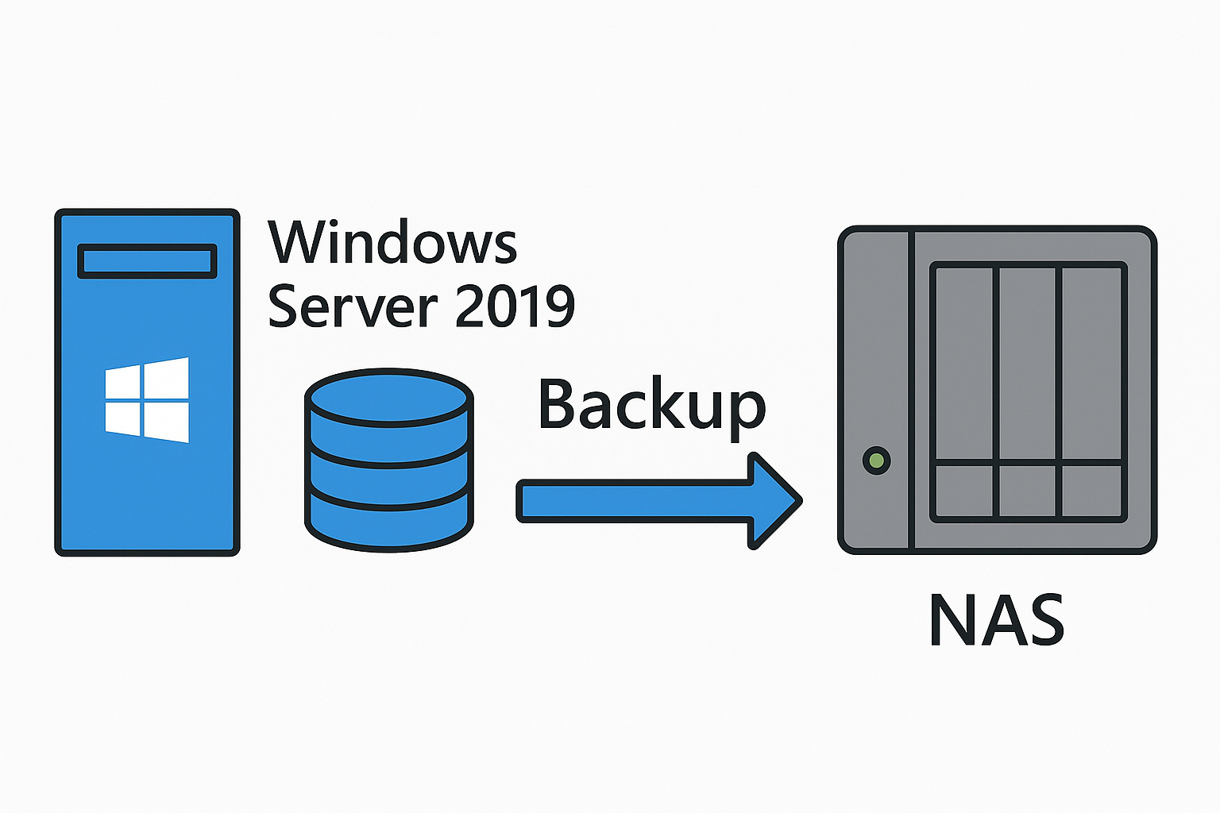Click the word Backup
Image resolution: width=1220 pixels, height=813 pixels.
pos(651,406)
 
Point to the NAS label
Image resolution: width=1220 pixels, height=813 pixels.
pos(996,620)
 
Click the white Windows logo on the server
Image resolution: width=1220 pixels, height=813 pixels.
pos(147,399)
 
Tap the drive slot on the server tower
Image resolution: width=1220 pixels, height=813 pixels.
pos(147,261)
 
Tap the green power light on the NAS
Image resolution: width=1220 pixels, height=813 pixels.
pos(876,460)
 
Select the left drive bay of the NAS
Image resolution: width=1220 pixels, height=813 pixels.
pos(964,365)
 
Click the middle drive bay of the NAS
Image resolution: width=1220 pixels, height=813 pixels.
pos(1027,365)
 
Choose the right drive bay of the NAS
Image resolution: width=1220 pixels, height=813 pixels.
pos(1091,365)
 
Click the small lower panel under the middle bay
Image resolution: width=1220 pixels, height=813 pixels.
pos(1027,491)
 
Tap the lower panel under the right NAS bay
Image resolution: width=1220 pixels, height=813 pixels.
pos(1091,491)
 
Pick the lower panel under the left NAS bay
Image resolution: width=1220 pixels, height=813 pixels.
pos(964,491)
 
